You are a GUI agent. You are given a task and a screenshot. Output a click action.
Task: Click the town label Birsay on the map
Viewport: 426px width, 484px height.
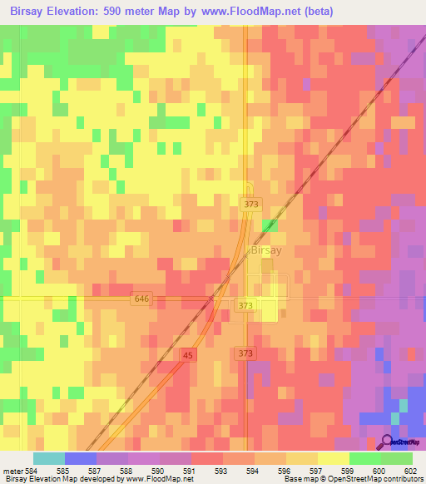267,250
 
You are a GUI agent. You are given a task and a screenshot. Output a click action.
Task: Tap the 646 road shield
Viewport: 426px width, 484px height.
140,298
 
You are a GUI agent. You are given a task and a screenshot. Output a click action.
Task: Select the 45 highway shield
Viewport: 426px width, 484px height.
187,355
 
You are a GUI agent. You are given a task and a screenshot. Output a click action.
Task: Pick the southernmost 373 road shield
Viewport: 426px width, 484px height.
245,353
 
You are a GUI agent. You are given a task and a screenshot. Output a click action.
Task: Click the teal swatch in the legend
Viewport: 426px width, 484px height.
48,458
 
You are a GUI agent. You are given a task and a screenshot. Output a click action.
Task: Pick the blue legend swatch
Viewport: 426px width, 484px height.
80,458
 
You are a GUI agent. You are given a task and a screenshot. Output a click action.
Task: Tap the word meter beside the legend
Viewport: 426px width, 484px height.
13,472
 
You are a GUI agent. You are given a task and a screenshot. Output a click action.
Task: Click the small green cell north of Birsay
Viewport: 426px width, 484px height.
269,225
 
